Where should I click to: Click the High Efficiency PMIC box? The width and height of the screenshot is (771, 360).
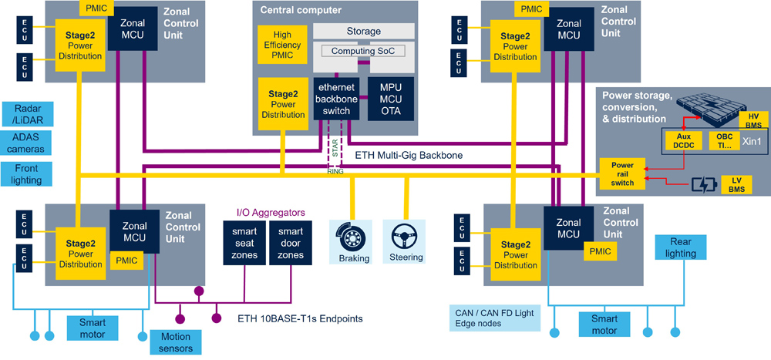click(x=282, y=46)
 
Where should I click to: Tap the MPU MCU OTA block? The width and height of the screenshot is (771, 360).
click(x=390, y=97)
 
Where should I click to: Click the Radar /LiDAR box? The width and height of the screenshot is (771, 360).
click(x=29, y=114)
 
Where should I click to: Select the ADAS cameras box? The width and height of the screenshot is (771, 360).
click(x=29, y=143)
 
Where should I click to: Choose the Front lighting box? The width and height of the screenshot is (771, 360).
click(x=29, y=173)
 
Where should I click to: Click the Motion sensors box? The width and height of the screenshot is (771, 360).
click(x=175, y=342)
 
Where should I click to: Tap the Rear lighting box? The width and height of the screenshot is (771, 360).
click(x=680, y=247)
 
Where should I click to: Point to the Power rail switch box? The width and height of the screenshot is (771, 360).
click(x=622, y=173)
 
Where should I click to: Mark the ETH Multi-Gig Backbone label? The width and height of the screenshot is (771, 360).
click(x=409, y=156)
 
